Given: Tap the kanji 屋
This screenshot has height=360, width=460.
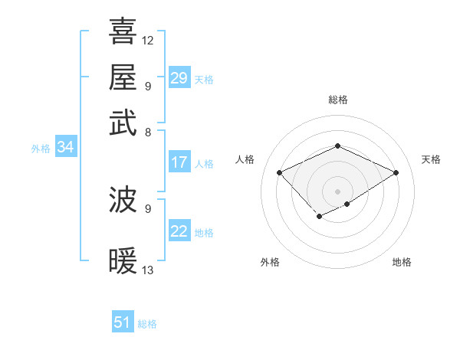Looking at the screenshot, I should [123, 77].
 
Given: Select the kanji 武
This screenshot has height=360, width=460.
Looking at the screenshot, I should [123, 123].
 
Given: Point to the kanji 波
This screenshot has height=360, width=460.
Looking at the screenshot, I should [123, 201].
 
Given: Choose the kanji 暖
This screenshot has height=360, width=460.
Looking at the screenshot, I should [123, 262].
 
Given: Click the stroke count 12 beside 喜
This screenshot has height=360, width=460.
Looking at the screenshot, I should [148, 40].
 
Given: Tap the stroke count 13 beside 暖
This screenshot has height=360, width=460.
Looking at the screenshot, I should [148, 270].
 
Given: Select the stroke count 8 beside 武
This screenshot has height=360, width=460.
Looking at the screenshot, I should [147, 132].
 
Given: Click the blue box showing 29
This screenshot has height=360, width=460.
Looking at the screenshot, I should [179, 77].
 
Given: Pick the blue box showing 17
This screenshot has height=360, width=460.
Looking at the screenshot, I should [179, 162].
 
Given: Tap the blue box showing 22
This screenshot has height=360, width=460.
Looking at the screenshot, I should [179, 231].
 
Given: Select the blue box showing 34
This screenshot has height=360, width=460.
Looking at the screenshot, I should [65, 148].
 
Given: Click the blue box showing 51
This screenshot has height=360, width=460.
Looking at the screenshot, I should [123, 322].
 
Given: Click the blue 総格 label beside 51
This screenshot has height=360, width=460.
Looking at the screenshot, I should [147, 324].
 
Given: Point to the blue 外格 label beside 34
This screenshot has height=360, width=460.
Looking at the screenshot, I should [41, 149].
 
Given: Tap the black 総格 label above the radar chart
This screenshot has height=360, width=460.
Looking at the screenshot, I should [337, 100].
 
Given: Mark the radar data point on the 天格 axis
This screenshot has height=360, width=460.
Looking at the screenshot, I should [396, 173].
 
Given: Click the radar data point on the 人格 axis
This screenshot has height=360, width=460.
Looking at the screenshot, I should [280, 173].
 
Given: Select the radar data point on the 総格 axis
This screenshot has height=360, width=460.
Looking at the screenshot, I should [337, 146].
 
